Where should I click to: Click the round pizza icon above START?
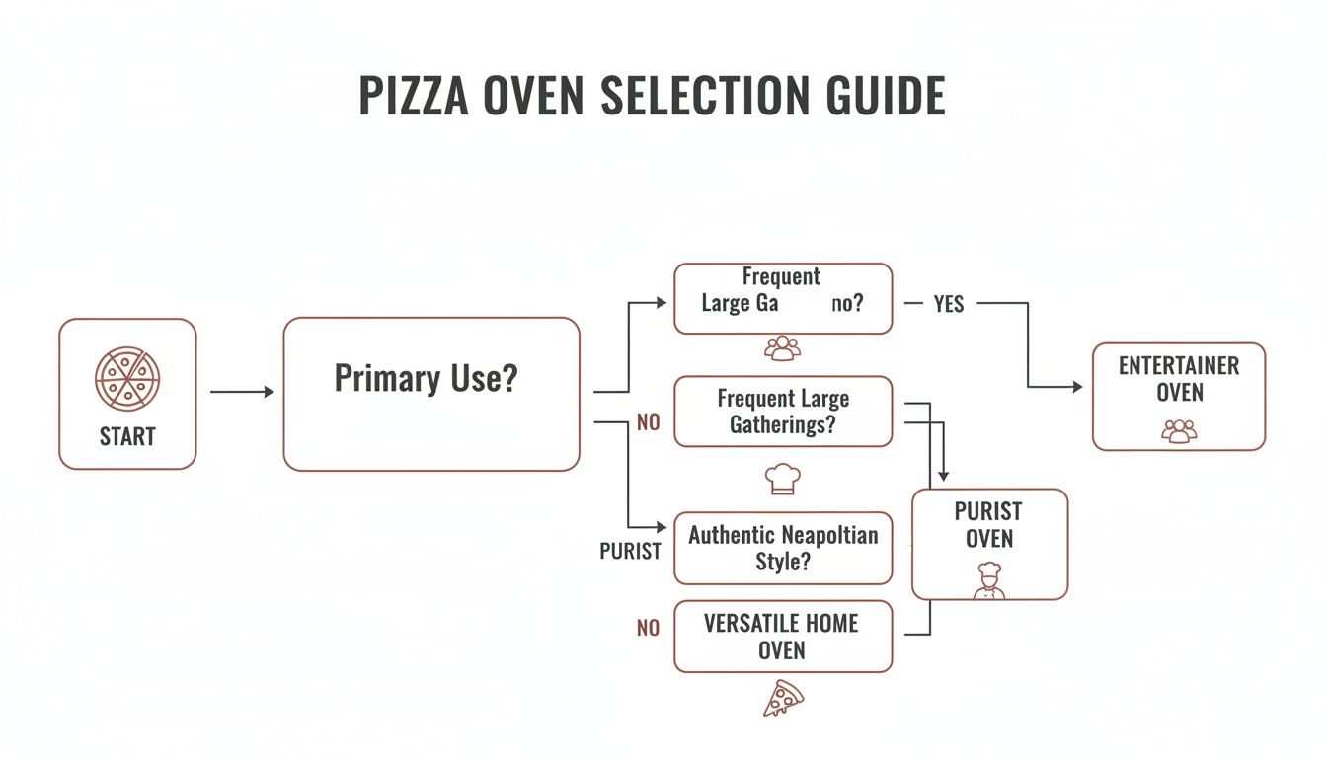click(x=127, y=378)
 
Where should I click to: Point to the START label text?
click(x=127, y=436)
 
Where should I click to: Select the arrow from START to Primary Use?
click(x=242, y=393)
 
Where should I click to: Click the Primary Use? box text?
click(x=426, y=379)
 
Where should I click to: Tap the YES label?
click(x=948, y=305)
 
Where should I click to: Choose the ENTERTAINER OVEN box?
click(x=1178, y=396)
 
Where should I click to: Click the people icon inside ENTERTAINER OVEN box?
click(x=1178, y=431)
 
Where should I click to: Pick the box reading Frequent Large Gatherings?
click(x=782, y=412)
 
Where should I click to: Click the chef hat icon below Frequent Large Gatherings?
click(x=782, y=479)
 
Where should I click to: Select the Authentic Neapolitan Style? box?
click(x=782, y=548)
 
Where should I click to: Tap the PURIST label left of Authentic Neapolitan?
click(x=630, y=551)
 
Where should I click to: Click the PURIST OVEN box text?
click(x=988, y=525)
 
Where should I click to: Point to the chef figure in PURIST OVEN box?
click(x=988, y=580)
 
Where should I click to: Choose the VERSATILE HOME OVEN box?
click(x=782, y=637)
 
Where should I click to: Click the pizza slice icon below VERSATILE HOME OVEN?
click(x=783, y=698)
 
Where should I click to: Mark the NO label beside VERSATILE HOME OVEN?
click(x=648, y=628)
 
